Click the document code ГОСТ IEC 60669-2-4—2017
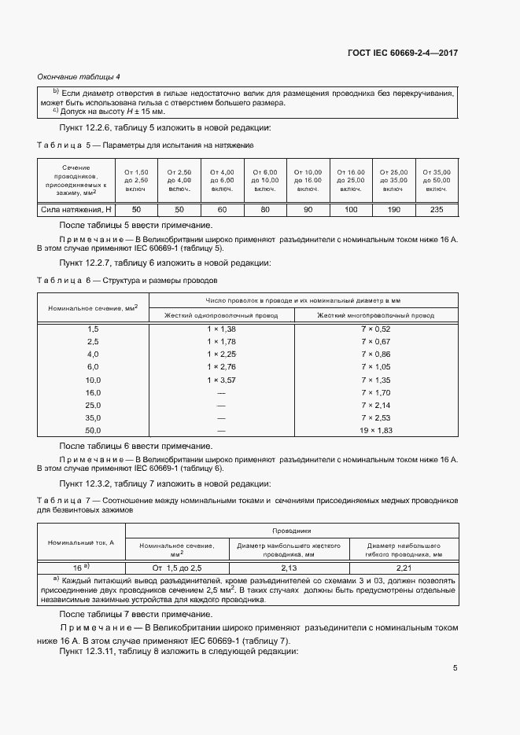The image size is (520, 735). coord(403,53)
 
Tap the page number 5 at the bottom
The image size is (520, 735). coord(455,668)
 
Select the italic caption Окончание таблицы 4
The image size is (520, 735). coord(79,76)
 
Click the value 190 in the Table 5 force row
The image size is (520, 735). coord(394,210)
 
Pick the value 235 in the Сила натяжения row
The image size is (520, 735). coord(437,210)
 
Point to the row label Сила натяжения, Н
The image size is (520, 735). coord(76,210)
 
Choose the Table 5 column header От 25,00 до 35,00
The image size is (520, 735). coord(394,181)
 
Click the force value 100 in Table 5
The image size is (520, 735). coord(352,210)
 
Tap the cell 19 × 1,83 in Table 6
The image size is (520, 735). coord(375,431)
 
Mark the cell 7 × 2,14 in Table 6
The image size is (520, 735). coord(375,405)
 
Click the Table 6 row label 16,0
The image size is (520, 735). coord(93,392)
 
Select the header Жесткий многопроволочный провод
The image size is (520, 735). coord(375,315)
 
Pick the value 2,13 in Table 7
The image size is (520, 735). coord(288,567)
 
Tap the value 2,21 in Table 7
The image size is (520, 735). coord(403,567)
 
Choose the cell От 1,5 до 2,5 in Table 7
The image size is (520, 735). coord(177,567)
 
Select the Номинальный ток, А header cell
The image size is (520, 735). coord(81,542)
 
